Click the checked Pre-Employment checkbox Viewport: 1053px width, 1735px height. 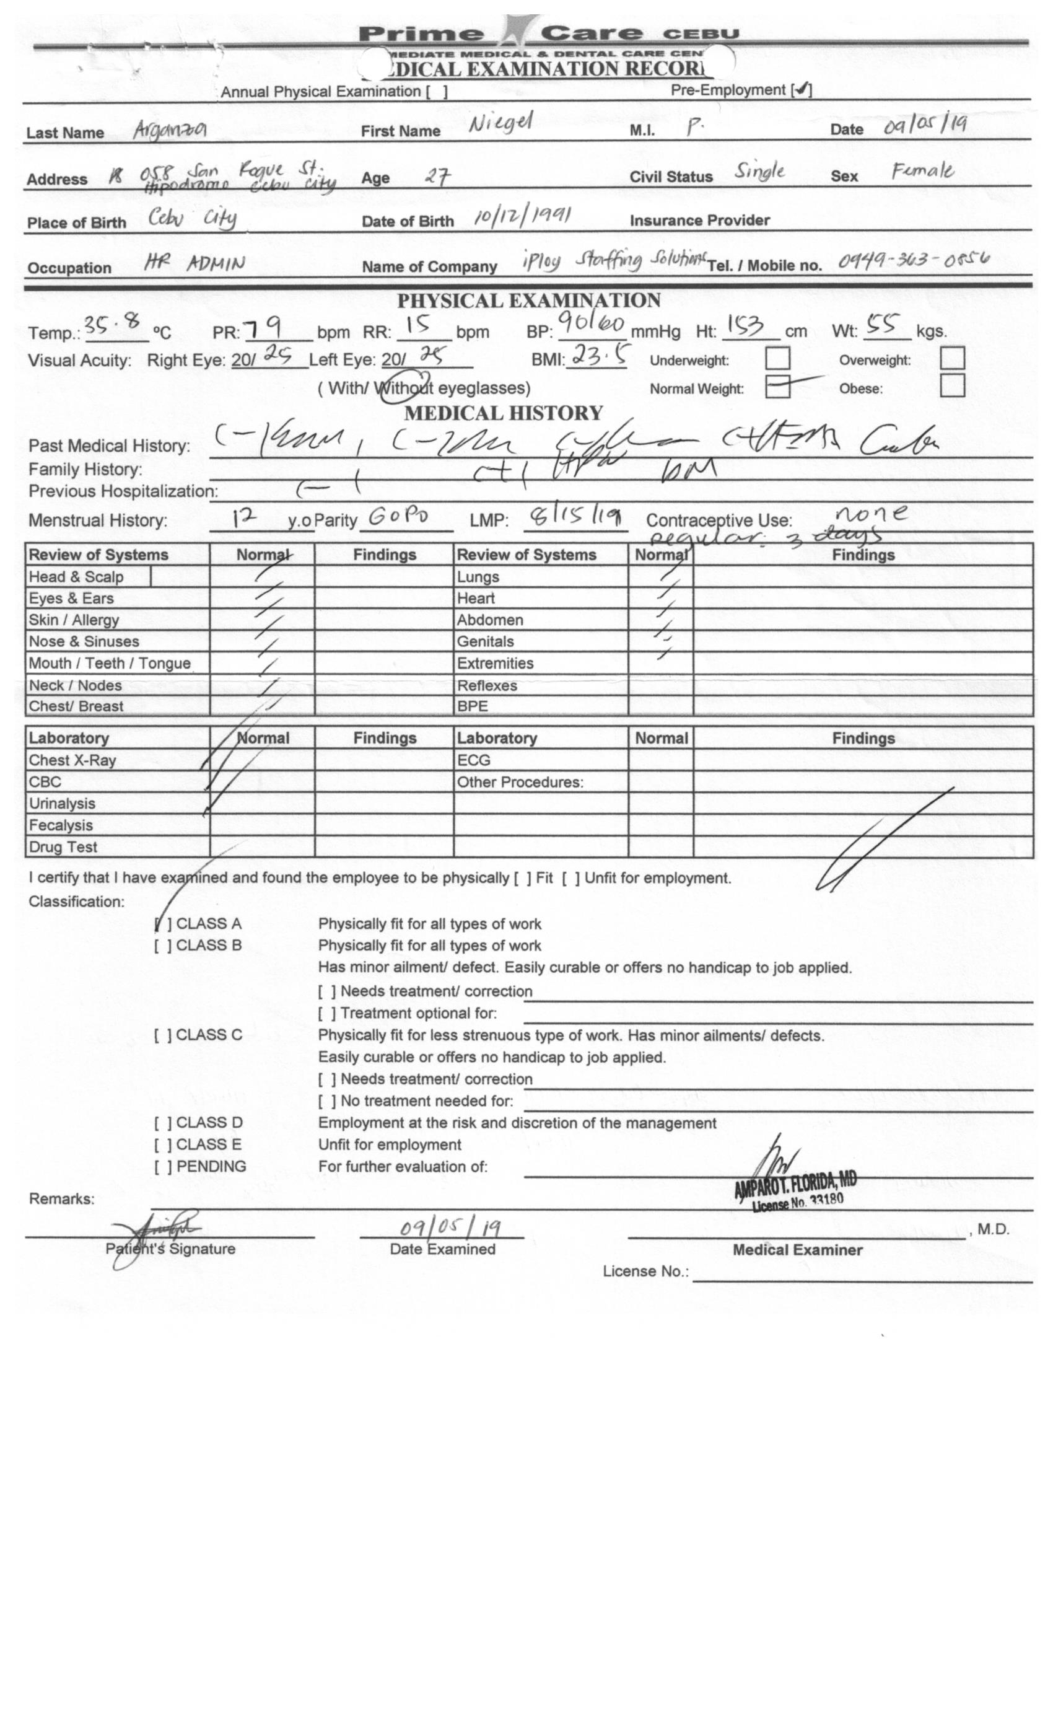(802, 89)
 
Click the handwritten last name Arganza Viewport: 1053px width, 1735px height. (170, 129)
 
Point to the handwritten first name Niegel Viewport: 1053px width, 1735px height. (501, 123)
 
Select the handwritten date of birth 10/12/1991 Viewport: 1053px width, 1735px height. (522, 216)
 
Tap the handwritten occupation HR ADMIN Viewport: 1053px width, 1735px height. (194, 263)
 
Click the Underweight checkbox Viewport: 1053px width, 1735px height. (777, 358)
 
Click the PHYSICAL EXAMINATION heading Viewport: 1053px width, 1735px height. (528, 301)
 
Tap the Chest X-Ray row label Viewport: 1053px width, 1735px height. (72, 760)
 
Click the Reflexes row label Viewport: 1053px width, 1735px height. (487, 686)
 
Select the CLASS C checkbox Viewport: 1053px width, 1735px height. (162, 1035)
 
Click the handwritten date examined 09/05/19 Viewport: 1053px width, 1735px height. (450, 1228)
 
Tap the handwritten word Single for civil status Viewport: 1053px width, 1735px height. (759, 171)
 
